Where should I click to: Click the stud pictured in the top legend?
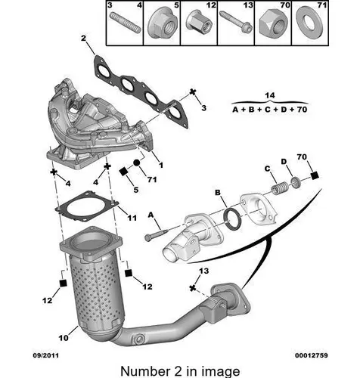[125, 23]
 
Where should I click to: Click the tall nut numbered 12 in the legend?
[199, 21]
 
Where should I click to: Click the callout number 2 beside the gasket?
[83, 39]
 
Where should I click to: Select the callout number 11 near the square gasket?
[132, 218]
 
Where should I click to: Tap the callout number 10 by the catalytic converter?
[64, 338]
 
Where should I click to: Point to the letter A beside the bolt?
[151, 215]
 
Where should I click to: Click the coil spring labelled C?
[279, 188]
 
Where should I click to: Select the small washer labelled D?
[296, 183]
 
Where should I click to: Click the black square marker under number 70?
[315, 175]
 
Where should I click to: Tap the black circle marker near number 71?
[136, 163]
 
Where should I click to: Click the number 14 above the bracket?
[270, 95]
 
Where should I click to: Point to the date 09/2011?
[46, 355]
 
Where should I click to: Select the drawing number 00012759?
[312, 355]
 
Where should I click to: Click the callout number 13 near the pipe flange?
[203, 271]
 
